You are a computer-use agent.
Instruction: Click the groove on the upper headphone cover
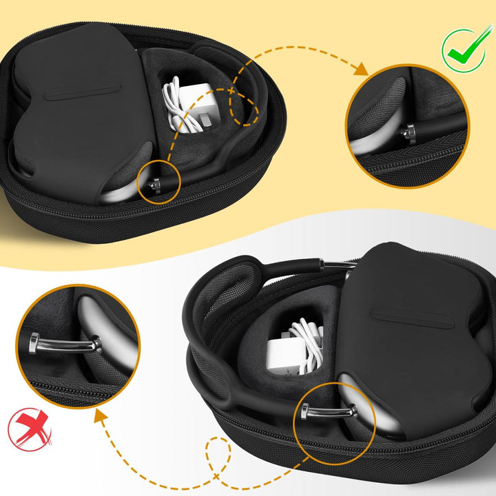coord(85,93)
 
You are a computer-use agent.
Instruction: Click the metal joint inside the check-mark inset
coord(411,133)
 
